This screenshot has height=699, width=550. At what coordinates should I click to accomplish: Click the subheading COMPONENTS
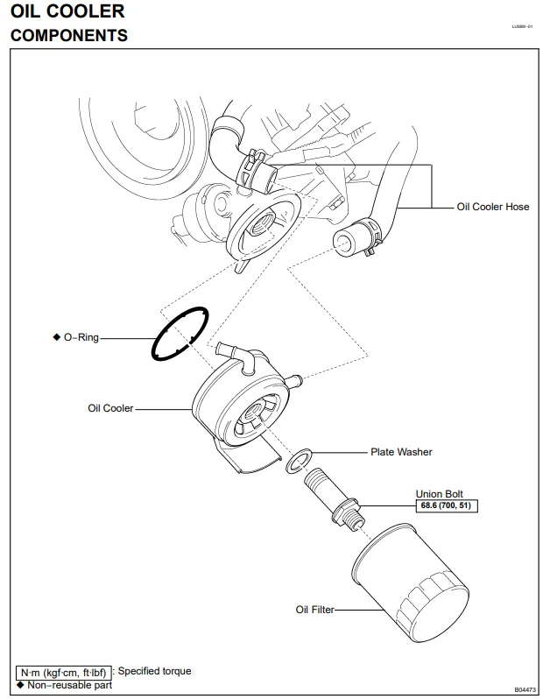[x=68, y=36]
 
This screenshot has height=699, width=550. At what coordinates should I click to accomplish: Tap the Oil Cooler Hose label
[x=493, y=208]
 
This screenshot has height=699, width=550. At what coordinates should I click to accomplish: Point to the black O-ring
[x=154, y=348]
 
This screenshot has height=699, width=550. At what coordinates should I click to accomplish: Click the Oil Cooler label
[x=110, y=408]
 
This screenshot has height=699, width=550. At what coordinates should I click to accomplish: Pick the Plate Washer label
[x=402, y=453]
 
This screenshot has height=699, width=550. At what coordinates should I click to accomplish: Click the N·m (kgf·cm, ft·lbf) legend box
[x=64, y=673]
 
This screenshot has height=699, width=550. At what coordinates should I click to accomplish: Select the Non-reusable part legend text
[x=69, y=685]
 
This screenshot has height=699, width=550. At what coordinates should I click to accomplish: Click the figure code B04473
[x=525, y=689]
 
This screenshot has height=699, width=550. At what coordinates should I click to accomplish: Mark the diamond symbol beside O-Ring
[x=56, y=337]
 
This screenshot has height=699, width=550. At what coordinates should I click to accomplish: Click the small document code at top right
[x=522, y=27]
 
